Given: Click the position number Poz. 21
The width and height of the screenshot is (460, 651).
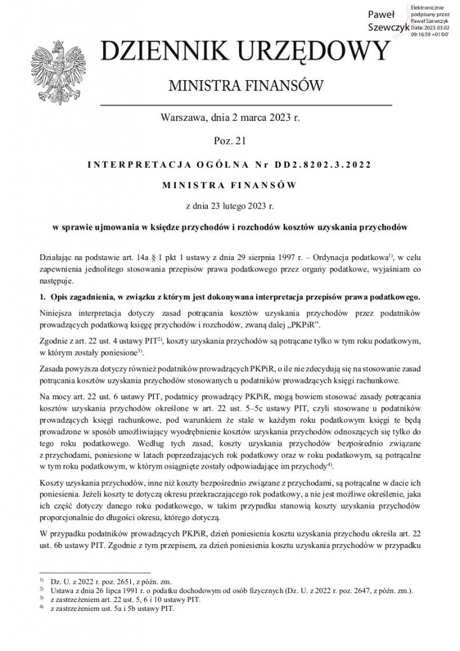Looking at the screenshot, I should tap(229, 139).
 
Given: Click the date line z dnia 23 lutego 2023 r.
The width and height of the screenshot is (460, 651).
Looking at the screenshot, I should tap(229, 206).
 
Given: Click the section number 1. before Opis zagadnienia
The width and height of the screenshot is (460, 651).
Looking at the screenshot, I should tap(43, 297).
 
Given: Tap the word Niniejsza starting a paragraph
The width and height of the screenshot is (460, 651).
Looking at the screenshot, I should tap(58, 315).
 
